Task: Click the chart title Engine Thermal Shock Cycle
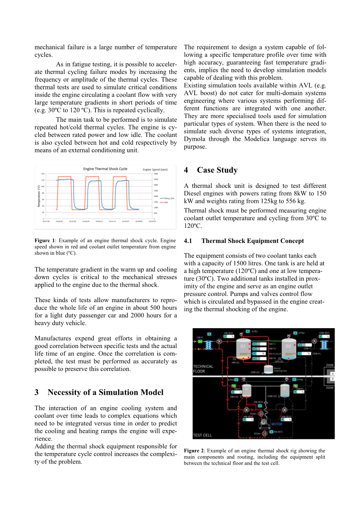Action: pos(105,169)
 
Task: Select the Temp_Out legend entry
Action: pos(169,198)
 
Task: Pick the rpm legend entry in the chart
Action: pos(166,202)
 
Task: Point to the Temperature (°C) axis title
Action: pos(39,196)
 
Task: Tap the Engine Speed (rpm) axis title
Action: pos(155,170)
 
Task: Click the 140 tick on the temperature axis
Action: pos(42,174)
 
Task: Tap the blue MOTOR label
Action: pos(277,424)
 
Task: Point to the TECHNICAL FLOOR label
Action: pos(203,369)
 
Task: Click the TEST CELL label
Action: pos(202,435)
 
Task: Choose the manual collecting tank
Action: pos(268,369)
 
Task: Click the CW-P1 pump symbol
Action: pos(200,341)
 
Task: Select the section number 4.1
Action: pos(188,241)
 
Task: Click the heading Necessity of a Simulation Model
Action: pos(105,392)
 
